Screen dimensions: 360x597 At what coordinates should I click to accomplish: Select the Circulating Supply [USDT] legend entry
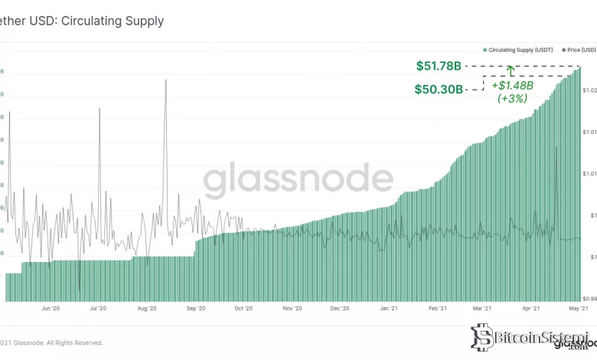[x=519, y=50]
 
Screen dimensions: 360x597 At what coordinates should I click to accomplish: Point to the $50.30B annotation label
[x=439, y=89]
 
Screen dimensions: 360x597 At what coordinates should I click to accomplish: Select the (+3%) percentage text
[x=512, y=98]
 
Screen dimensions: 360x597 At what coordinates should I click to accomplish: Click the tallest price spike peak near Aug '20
[x=165, y=80]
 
